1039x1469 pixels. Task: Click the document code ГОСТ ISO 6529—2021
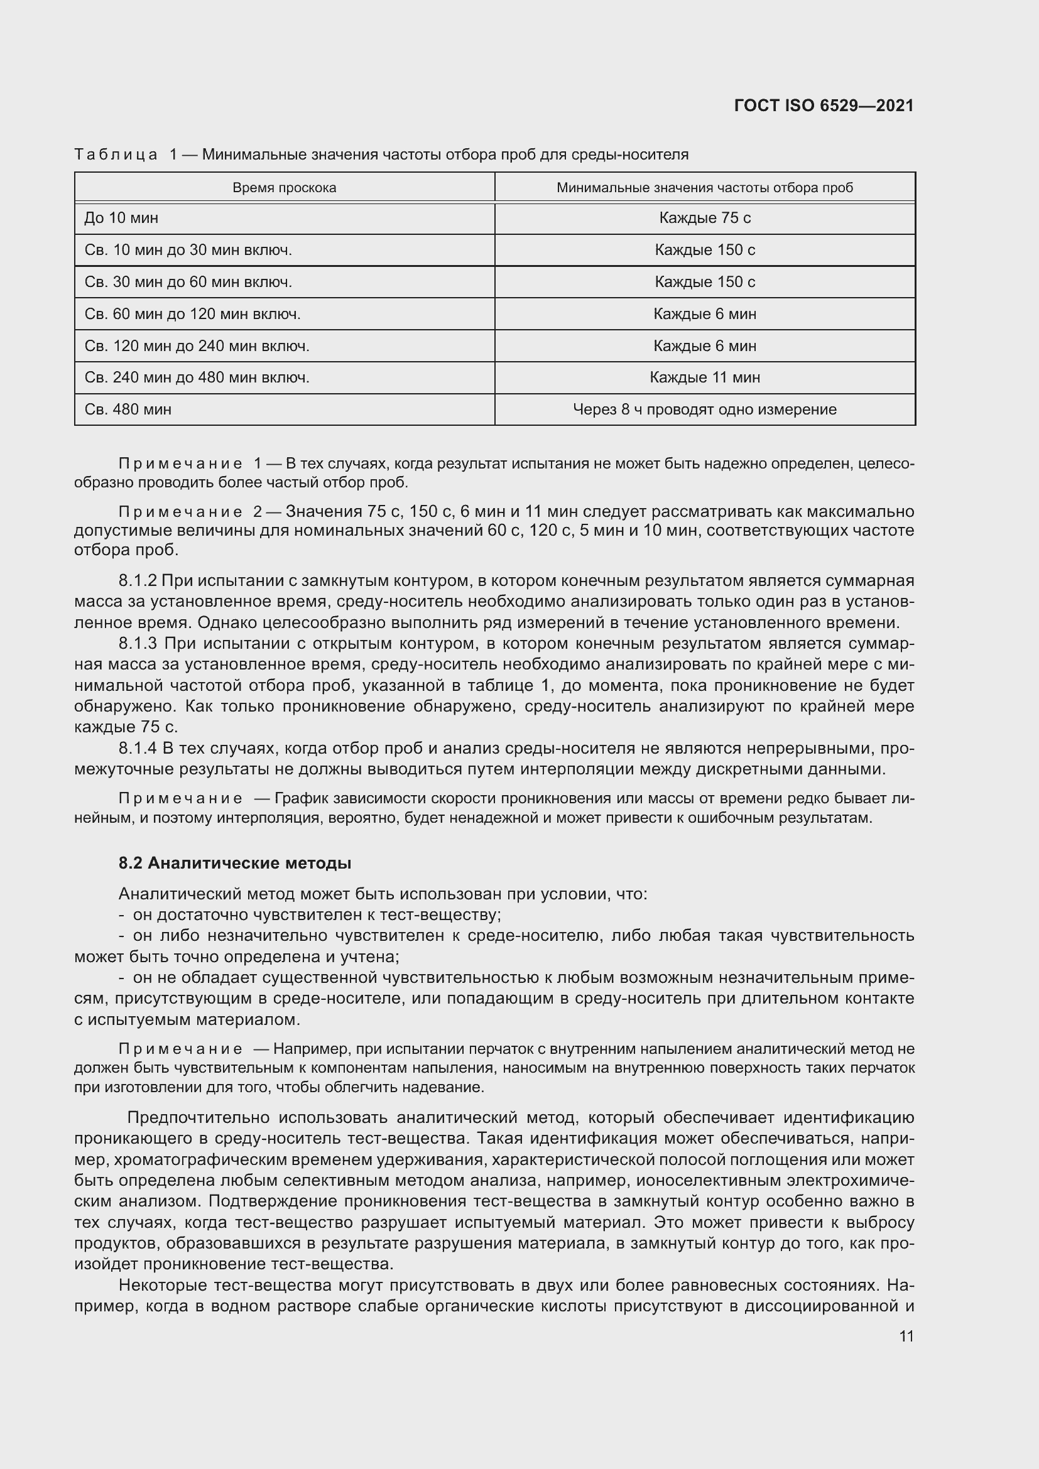[x=824, y=106]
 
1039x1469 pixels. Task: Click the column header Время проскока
[x=284, y=187]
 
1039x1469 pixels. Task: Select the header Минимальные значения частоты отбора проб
[x=704, y=187]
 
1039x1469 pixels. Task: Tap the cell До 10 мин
[x=122, y=218]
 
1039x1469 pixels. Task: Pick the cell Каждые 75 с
[x=704, y=218]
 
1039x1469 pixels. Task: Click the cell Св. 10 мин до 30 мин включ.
[x=188, y=250]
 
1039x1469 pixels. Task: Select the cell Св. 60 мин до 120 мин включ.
[x=192, y=314]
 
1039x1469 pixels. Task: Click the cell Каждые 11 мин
[x=704, y=377]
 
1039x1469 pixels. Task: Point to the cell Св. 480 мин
[x=128, y=409]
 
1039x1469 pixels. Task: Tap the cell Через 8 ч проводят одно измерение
[x=704, y=409]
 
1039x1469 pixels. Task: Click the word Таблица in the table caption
[x=116, y=155]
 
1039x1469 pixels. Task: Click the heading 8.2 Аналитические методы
[x=235, y=863]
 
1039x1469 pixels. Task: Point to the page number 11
[x=906, y=1336]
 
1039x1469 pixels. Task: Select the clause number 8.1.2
[x=138, y=581]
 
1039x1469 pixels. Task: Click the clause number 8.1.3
[x=138, y=644]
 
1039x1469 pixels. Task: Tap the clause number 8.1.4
[x=138, y=749]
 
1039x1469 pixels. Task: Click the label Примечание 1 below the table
[x=189, y=464]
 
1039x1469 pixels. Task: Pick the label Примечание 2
[x=189, y=512]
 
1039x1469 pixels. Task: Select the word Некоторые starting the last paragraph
[x=162, y=1286]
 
